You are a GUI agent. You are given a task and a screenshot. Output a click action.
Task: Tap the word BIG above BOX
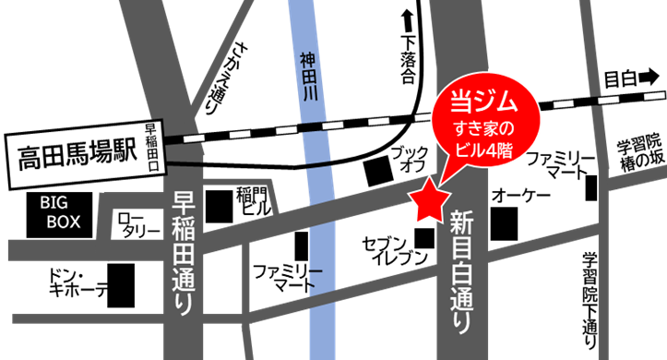coord(53,202)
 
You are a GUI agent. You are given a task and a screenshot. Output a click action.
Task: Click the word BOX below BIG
coord(64,222)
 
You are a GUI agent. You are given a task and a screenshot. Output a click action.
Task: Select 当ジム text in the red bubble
coord(476,101)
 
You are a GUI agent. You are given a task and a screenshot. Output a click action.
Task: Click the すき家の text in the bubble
coord(476,126)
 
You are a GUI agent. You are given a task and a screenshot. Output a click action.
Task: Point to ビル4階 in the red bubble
coord(476,148)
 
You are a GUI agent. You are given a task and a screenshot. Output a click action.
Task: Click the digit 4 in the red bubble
coord(486,148)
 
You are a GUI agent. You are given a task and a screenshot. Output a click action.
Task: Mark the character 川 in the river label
coord(308,95)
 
